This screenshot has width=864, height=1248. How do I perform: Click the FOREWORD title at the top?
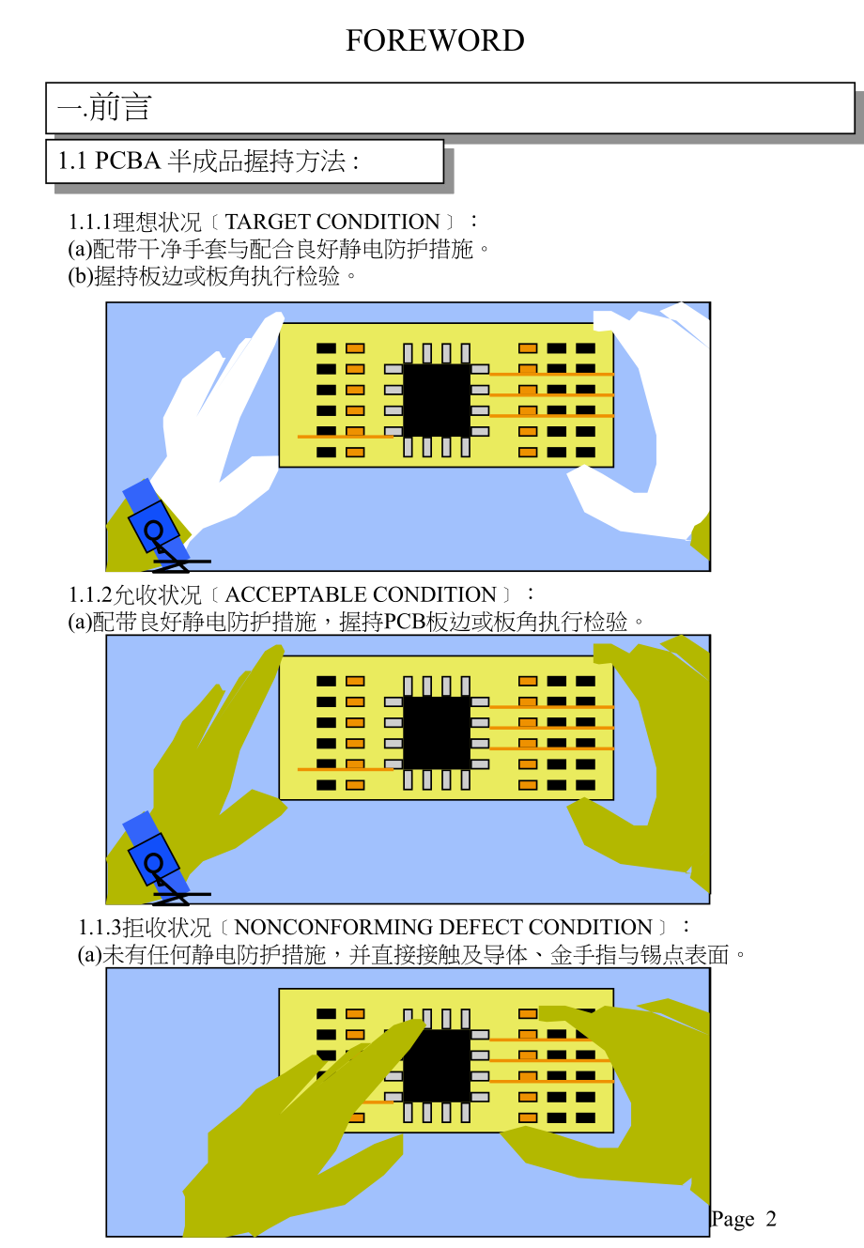(435, 40)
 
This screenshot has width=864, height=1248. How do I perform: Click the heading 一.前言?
(104, 107)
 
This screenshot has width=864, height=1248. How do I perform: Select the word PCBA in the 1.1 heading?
(128, 161)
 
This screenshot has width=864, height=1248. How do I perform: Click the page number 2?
(771, 1219)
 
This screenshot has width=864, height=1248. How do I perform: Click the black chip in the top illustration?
(437, 400)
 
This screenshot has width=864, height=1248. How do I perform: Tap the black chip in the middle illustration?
(437, 732)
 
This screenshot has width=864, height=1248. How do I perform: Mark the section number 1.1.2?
(90, 595)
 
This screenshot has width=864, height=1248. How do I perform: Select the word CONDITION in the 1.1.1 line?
(378, 222)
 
